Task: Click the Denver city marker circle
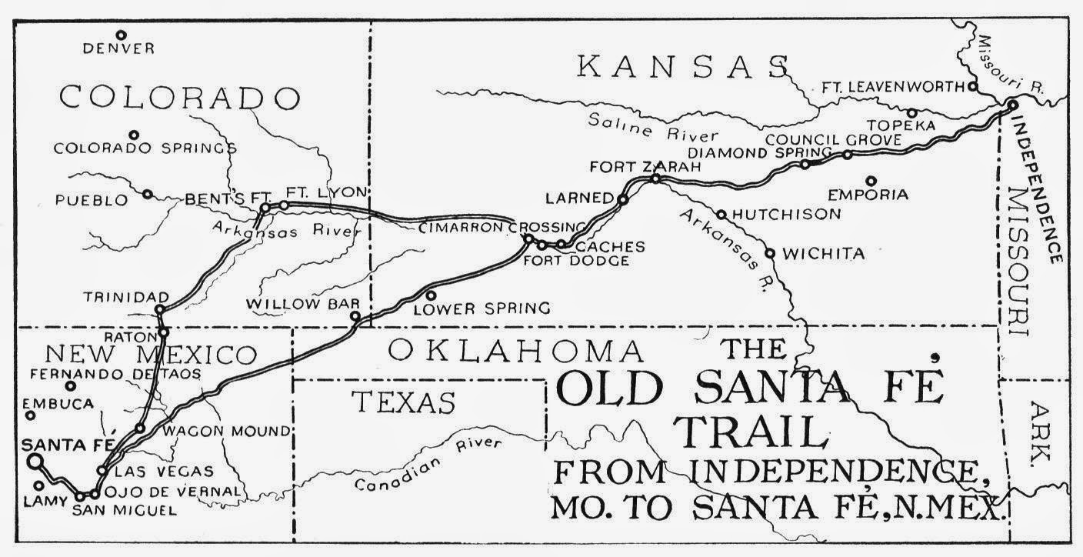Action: [x=121, y=35]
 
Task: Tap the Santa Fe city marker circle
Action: [x=34, y=461]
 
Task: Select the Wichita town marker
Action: [x=770, y=252]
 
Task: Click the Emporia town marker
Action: [x=871, y=181]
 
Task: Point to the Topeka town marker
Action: [x=911, y=113]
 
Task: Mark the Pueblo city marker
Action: [x=147, y=194]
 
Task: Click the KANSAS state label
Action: [x=683, y=67]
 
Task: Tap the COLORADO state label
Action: [x=179, y=98]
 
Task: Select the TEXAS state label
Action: [x=404, y=402]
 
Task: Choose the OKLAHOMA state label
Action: [x=515, y=351]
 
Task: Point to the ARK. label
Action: [x=1040, y=434]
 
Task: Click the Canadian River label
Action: [x=428, y=465]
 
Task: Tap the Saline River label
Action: [x=643, y=126]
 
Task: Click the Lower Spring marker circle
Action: [x=431, y=295]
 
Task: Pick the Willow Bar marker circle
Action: [x=355, y=316]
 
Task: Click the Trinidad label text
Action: [x=127, y=297]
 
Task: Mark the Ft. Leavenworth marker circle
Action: [x=973, y=86]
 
